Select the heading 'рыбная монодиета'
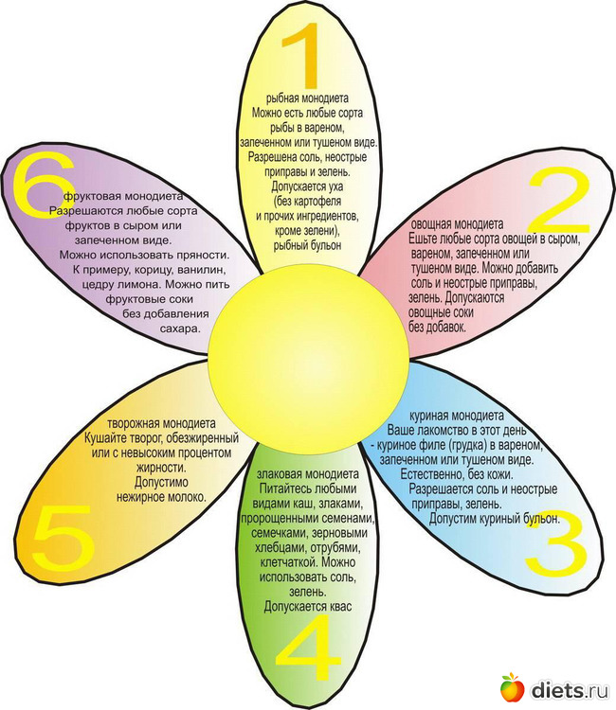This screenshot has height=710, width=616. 309,98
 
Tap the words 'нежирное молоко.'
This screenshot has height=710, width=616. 161,496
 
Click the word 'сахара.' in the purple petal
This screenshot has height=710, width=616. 177,328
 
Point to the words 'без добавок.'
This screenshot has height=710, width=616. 438,327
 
